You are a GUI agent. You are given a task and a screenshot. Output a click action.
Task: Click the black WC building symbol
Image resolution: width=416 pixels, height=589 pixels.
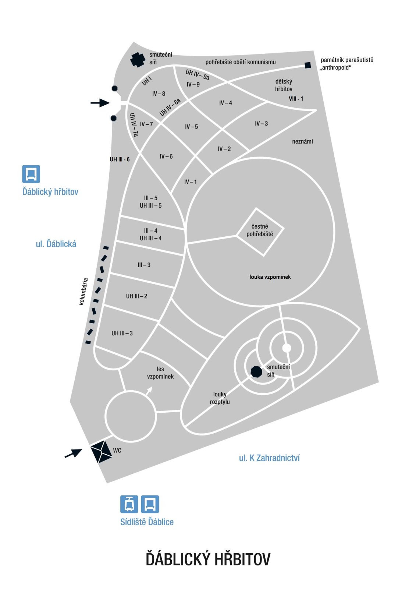click(102, 451)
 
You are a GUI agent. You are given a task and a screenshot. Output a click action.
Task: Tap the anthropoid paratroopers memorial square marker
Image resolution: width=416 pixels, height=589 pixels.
click(308, 65)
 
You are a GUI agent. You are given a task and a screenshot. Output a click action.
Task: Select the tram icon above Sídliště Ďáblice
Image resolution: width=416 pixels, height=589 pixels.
click(129, 504)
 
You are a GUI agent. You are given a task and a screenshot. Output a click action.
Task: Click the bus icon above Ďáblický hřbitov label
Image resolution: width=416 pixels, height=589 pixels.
click(31, 174)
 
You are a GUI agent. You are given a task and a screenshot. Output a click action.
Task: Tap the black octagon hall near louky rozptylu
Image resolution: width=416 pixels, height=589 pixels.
click(256, 371)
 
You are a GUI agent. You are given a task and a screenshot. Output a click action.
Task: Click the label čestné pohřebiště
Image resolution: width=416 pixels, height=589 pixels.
click(260, 230)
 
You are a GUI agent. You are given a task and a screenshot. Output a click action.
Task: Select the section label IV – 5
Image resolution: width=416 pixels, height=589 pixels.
click(191, 127)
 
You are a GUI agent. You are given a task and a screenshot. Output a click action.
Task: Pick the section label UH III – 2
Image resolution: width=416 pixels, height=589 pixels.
click(136, 296)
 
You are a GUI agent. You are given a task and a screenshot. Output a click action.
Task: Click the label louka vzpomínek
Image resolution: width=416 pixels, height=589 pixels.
click(270, 277)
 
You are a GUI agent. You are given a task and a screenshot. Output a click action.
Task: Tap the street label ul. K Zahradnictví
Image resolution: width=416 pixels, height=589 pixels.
click(269, 458)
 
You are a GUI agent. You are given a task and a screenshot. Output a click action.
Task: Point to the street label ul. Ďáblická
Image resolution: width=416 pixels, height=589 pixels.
click(56, 244)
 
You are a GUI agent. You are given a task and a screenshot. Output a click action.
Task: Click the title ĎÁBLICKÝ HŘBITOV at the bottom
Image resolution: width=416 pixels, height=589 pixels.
click(208, 559)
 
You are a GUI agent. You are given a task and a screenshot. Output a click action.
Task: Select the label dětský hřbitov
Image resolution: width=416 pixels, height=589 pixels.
click(284, 85)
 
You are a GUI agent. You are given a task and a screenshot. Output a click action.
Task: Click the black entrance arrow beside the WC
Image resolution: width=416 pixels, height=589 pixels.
click(73, 453)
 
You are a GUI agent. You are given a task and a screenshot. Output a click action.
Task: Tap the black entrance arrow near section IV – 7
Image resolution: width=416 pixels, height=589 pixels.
click(100, 103)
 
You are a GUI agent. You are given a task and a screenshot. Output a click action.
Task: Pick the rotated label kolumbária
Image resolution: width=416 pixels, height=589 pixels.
click(83, 292)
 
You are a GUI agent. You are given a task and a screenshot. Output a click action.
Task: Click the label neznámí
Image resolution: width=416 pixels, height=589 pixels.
click(302, 141)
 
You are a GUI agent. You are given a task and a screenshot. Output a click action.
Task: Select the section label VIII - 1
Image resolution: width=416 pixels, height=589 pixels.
click(296, 99)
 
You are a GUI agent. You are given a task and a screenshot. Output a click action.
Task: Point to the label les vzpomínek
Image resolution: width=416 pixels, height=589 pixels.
click(160, 373)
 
